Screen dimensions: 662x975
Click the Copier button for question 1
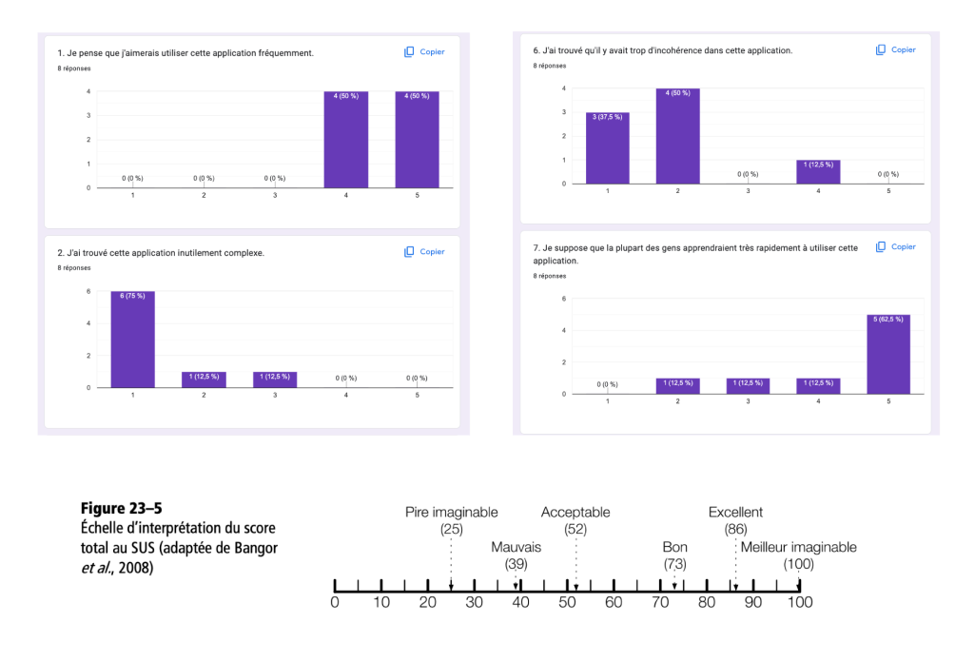pyautogui.click(x=424, y=52)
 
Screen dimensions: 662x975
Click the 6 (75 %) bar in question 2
pyautogui.click(x=132, y=340)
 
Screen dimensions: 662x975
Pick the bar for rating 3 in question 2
pyautogui.click(x=275, y=380)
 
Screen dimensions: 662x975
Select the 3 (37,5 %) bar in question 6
pyautogui.click(x=607, y=147)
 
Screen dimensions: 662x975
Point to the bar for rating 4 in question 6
pyautogui.click(x=818, y=171)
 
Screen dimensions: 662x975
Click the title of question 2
pyautogui.click(x=161, y=253)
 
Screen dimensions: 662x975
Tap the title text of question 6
pyautogui.click(x=663, y=50)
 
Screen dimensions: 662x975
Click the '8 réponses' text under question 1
pyautogui.click(x=73, y=68)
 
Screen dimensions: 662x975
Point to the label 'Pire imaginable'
pyautogui.click(x=451, y=513)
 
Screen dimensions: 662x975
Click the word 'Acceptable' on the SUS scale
pyautogui.click(x=575, y=513)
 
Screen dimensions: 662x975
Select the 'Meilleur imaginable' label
pyautogui.click(x=798, y=547)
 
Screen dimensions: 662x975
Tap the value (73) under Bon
pyautogui.click(x=674, y=564)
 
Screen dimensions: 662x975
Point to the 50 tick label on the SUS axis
pyautogui.click(x=567, y=602)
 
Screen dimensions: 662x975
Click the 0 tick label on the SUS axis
pyautogui.click(x=335, y=602)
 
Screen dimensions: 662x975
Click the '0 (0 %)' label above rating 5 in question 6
pyautogui.click(x=888, y=174)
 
